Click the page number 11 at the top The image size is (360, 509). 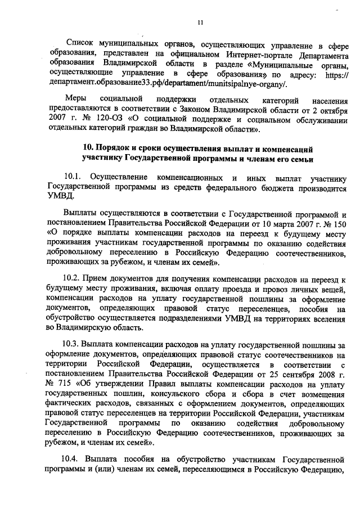pos(200,22)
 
